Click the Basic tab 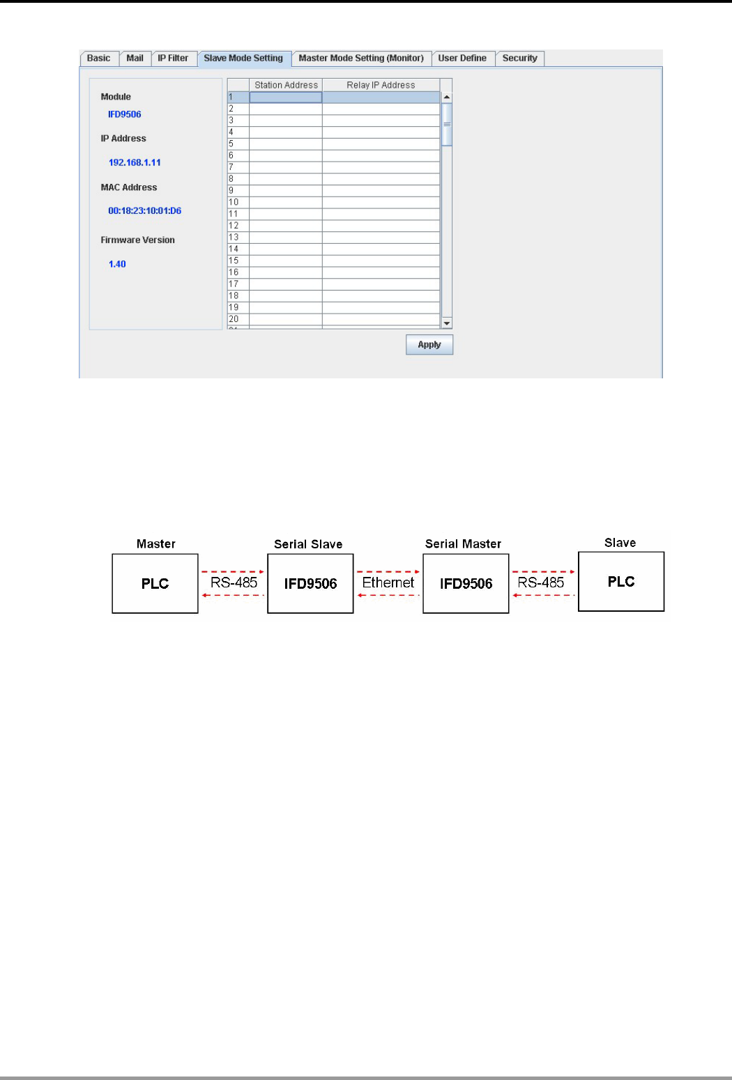(99, 59)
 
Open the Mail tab (135, 59)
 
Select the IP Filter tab (173, 59)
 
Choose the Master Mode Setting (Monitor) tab (361, 59)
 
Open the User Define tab (462, 59)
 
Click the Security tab (519, 59)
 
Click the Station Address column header (286, 85)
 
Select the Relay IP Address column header (381, 85)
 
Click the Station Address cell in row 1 (286, 98)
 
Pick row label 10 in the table (234, 202)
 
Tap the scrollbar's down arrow (447, 323)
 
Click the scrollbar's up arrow (447, 98)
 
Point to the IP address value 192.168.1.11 (135, 162)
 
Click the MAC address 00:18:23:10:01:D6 (144, 210)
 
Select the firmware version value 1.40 (117, 264)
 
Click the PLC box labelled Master (155, 584)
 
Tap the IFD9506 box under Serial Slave (310, 584)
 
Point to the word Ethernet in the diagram (388, 583)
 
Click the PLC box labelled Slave (621, 582)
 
